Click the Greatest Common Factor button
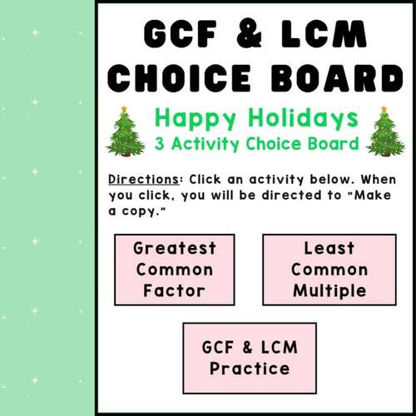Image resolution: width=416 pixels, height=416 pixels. click(x=175, y=270)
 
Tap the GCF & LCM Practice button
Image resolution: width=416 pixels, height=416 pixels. click(x=250, y=358)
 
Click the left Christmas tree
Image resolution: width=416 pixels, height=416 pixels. click(x=125, y=133)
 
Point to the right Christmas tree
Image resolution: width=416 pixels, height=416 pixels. click(x=384, y=133)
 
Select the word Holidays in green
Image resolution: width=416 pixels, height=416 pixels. click(x=297, y=117)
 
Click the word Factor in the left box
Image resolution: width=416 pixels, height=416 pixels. click(x=175, y=291)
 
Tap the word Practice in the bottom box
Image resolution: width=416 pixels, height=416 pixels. click(x=250, y=369)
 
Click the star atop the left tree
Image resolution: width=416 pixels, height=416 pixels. click(x=124, y=109)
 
